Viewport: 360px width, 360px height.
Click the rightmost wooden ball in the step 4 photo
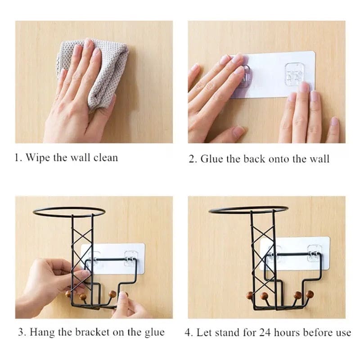(x=310, y=294)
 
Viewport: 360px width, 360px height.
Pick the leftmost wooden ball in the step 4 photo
(x=249, y=296)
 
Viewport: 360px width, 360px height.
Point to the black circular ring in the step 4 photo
(x=248, y=210)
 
